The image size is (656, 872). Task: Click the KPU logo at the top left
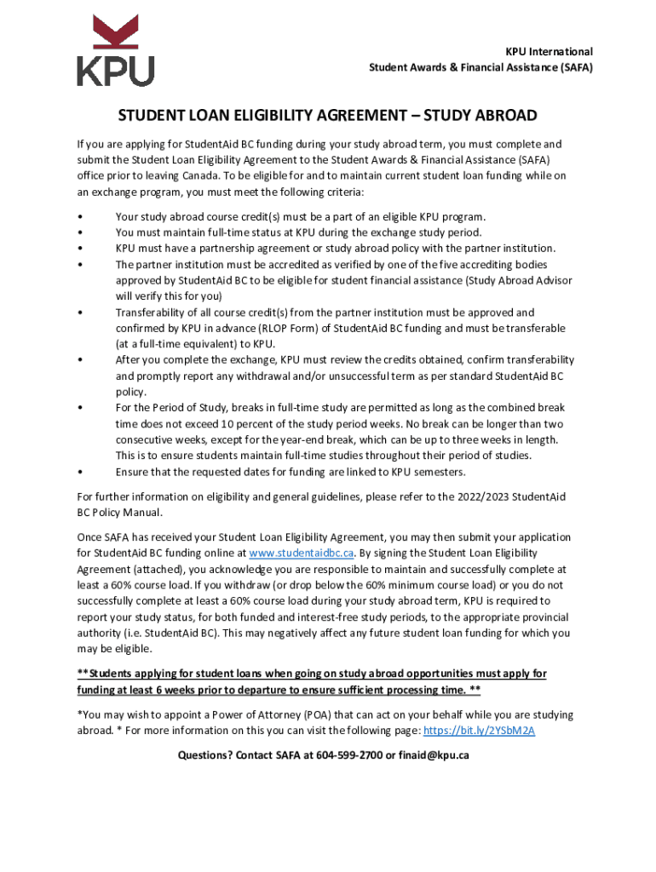pyautogui.click(x=115, y=50)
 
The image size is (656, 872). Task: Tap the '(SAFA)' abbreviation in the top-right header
pyautogui.click(x=574, y=67)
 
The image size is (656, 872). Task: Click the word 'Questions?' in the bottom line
pyautogui.click(x=204, y=755)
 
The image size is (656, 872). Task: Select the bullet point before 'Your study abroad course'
pyautogui.click(x=79, y=216)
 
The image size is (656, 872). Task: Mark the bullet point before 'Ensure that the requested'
pyautogui.click(x=79, y=472)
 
